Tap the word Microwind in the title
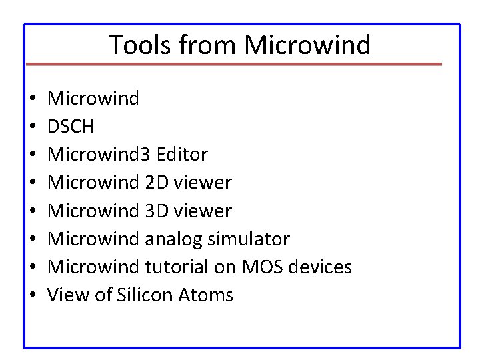click(307, 45)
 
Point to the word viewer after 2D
click(203, 183)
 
